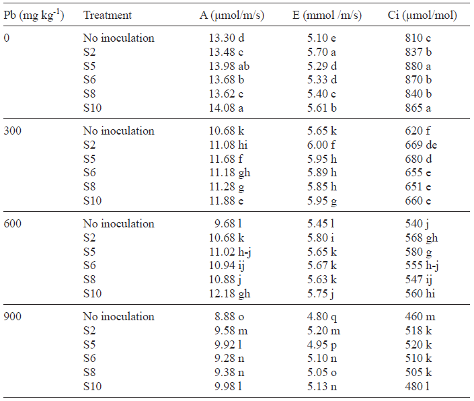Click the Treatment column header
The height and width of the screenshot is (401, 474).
[x=108, y=15]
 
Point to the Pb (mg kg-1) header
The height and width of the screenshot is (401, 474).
[x=34, y=15]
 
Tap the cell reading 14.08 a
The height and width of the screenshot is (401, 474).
[x=228, y=107]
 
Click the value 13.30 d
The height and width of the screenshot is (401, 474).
[x=228, y=38]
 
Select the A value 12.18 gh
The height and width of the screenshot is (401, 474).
[x=230, y=293]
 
